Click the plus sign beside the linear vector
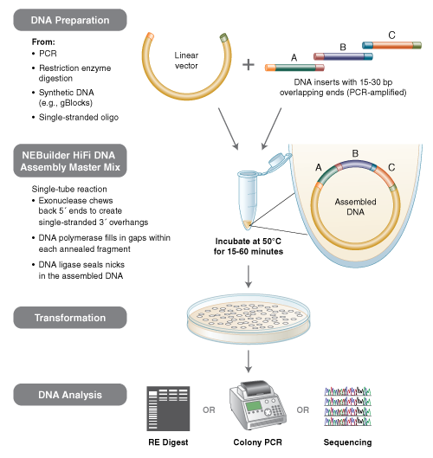click(x=249, y=64)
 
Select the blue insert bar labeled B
click(x=343, y=55)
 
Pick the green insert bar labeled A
click(x=293, y=66)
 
